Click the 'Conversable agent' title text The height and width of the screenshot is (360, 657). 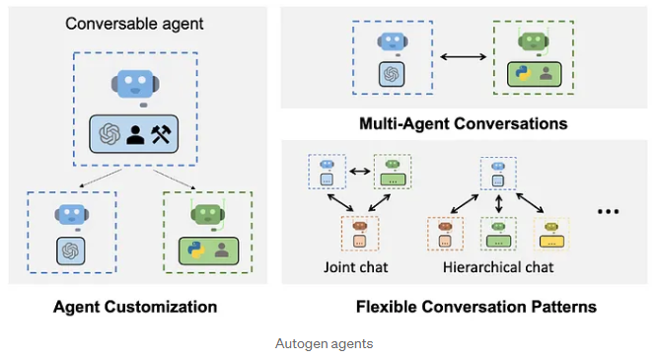(134, 24)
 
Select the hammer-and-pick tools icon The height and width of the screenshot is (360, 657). (162, 134)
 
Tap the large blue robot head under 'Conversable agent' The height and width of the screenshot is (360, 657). (135, 84)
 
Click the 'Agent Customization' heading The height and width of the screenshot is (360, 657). (135, 307)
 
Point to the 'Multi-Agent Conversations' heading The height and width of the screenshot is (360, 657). (464, 123)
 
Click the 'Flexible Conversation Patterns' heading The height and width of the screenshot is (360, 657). (476, 307)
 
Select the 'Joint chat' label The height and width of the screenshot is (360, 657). (356, 267)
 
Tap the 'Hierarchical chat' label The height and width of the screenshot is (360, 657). (498, 267)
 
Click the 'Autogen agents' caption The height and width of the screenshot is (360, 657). (324, 343)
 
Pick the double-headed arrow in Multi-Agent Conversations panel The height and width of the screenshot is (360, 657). (463, 56)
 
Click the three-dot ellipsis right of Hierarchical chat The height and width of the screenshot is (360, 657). (608, 212)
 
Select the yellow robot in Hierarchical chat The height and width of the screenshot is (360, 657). (551, 227)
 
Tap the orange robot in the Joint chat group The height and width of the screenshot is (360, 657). (360, 227)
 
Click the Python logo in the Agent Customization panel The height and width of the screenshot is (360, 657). (196, 251)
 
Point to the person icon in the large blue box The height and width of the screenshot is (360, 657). (135, 135)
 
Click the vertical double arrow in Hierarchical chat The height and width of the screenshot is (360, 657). (498, 204)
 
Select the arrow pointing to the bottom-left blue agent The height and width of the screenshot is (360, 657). (101, 179)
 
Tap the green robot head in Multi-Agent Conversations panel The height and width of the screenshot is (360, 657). (534, 41)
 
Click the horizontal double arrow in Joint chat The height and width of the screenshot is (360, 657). (360, 171)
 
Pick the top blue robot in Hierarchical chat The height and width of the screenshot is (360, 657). (498, 167)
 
